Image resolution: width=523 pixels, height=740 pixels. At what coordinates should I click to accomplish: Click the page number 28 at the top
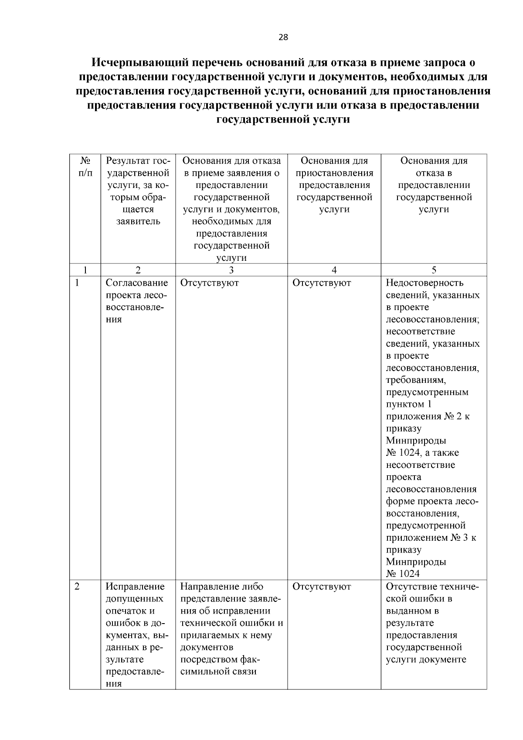pos(283,38)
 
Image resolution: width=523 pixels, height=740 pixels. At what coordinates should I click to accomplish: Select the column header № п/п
pos(85,167)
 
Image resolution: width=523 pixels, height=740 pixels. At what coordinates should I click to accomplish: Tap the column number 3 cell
pos(231,270)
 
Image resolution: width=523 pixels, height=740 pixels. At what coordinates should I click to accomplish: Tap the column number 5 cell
pos(434,270)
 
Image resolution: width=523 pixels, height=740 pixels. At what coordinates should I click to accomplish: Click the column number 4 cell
pos(334,270)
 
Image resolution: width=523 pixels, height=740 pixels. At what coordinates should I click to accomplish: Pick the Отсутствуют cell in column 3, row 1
pos(209,283)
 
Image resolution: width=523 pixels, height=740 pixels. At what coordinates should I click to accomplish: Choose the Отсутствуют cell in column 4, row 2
pos(322,587)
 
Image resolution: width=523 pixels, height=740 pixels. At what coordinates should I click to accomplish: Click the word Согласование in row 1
pos(137,283)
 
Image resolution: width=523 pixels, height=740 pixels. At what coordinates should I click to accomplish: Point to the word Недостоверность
pos(425,283)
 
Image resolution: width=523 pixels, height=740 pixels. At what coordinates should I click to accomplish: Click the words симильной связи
pos(218,672)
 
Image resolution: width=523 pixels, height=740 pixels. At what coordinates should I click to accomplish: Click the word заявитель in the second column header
pos(138,222)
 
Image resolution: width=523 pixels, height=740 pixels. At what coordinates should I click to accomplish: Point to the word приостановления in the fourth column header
pos(334,173)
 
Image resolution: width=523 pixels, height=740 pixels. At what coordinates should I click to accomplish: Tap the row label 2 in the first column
pos(77,587)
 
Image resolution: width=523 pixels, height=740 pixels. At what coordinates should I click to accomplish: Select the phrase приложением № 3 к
pos(431,538)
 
